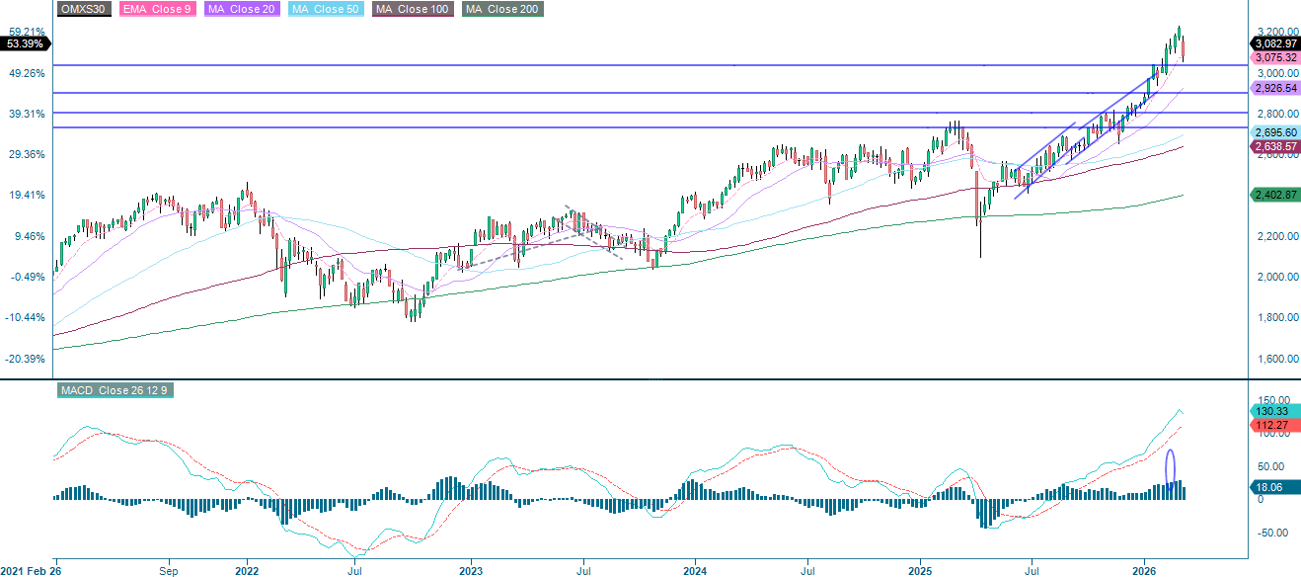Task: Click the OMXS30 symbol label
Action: pos(84,9)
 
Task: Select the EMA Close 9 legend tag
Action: pos(157,9)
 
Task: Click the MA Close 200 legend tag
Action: pos(501,9)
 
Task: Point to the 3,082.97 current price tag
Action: pos(1274,43)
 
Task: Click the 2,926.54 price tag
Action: pos(1274,88)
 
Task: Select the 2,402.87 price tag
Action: pos(1274,195)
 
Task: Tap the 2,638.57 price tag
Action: pos(1274,146)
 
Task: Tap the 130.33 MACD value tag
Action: pos(1270,410)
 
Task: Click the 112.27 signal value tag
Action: pos(1270,426)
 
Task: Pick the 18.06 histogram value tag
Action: pos(1268,487)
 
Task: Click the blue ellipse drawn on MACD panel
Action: pos(1171,467)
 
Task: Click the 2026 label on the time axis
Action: pos(1144,570)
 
